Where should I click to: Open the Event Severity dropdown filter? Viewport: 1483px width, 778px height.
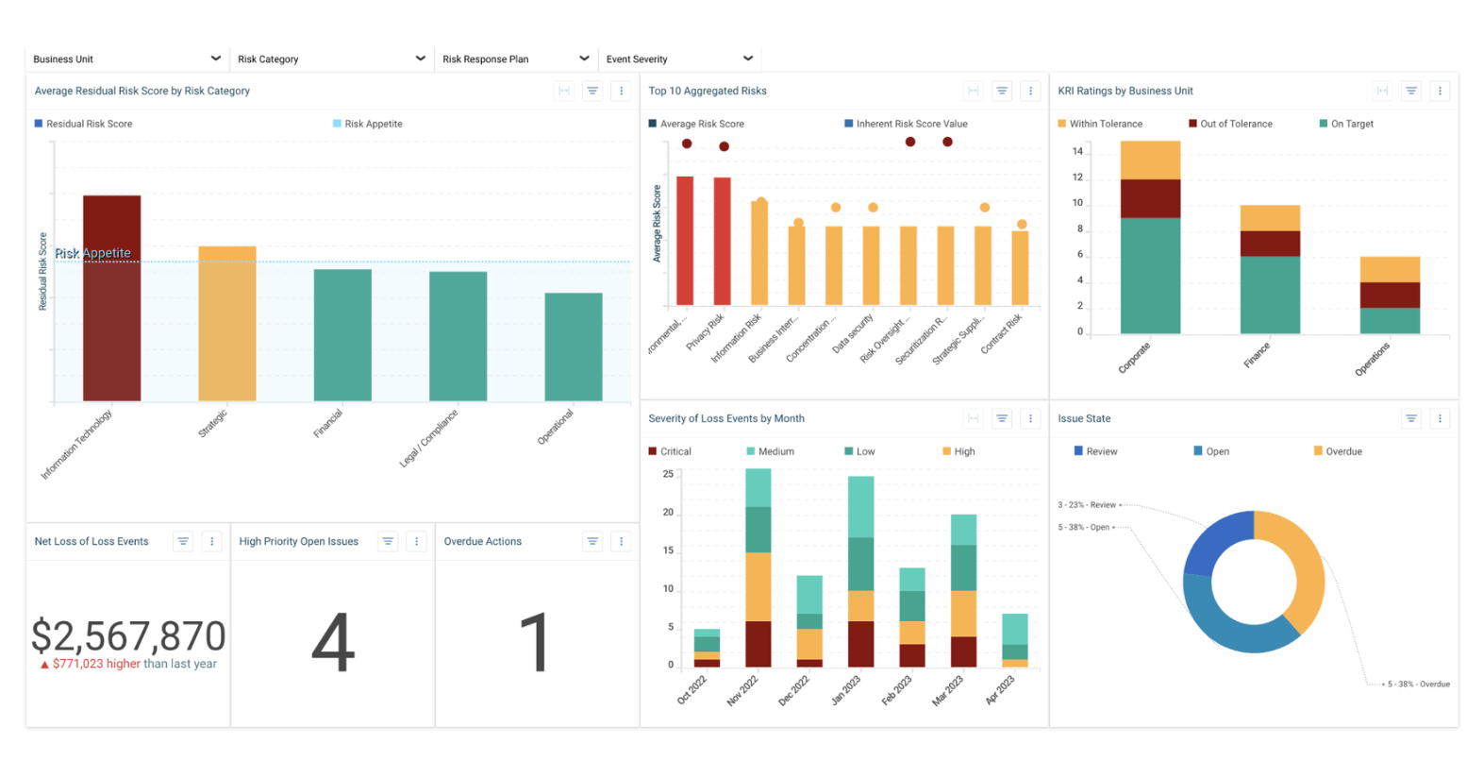point(679,59)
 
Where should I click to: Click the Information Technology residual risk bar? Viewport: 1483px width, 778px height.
point(111,297)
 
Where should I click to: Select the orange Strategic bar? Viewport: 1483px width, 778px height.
point(226,323)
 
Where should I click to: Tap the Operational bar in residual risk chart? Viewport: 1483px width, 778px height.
point(573,347)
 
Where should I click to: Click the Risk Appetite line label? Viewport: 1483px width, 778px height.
point(92,253)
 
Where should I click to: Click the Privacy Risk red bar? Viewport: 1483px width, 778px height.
point(722,241)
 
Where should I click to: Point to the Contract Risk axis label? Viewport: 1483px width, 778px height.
point(1001,334)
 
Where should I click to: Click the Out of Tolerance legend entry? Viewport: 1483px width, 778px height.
point(1230,124)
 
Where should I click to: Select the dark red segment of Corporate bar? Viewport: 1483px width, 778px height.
point(1150,198)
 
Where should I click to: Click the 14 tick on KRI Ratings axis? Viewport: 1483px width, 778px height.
point(1077,151)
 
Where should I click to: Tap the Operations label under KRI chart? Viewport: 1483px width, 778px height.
point(1372,360)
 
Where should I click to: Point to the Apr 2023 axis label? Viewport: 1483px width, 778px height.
point(999,690)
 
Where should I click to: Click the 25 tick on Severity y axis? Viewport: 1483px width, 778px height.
point(668,474)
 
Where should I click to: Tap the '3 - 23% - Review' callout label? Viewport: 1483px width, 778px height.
point(1087,505)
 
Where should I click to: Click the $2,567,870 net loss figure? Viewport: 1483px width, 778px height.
point(128,636)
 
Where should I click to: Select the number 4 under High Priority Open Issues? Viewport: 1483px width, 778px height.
point(333,642)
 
